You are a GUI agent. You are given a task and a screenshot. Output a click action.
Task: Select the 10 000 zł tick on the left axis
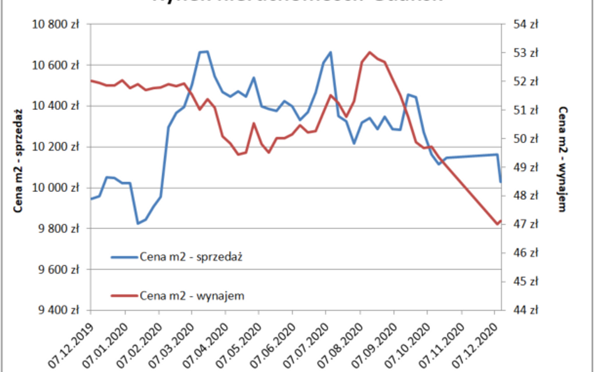point(58,188)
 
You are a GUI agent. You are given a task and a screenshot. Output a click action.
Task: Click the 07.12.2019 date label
point(70,343)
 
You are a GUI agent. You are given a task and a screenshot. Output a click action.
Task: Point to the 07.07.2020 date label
point(306,343)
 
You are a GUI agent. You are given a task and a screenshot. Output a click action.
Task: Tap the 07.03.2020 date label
point(171,343)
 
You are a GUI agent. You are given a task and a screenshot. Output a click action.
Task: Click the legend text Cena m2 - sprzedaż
point(191,257)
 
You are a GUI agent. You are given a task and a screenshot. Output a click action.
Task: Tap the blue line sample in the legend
point(124,257)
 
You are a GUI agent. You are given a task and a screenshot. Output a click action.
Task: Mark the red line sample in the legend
point(124,295)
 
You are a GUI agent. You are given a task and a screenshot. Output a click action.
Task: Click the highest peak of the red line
point(370,52)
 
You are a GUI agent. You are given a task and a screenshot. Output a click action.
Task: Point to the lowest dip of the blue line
point(138,223)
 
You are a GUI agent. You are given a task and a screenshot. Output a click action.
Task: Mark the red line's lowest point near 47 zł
point(497,224)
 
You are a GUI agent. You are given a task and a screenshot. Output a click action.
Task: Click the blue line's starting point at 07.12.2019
point(92,199)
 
